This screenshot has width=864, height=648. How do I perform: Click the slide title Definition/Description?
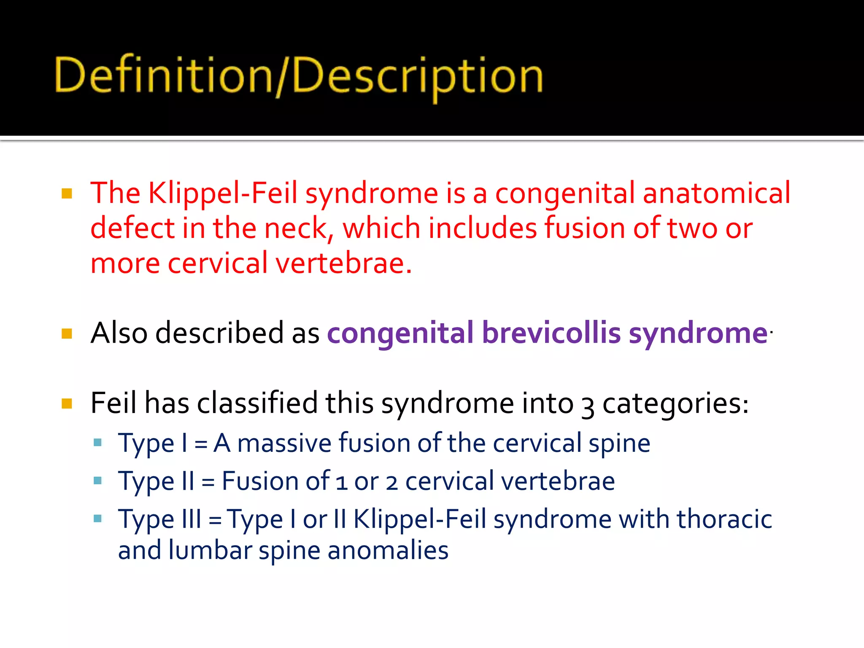tap(299, 76)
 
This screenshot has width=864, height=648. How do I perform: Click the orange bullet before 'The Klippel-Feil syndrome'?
tap(67, 194)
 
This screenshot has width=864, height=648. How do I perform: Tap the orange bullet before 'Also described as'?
tap(67, 334)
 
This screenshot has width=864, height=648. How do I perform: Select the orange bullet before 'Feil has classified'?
tap(67, 404)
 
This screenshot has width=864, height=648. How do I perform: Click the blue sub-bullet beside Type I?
tap(97, 443)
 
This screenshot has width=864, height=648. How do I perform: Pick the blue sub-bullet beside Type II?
tap(97, 481)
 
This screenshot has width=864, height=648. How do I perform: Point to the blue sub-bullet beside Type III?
tap(97, 518)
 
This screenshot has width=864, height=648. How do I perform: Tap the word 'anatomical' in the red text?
tap(716, 193)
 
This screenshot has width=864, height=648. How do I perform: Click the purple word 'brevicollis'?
tap(551, 333)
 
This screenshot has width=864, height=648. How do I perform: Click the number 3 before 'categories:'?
tap(588, 406)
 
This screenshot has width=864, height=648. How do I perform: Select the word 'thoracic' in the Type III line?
tap(724, 519)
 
